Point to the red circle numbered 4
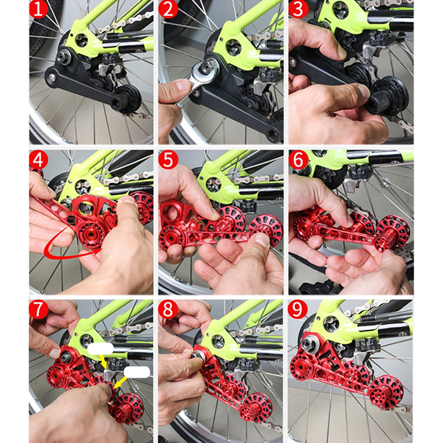38,160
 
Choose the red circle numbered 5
168,160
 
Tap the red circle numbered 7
38,309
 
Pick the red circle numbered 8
168,309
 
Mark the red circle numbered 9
298,309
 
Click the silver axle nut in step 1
62,57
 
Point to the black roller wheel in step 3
389,96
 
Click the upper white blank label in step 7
100,349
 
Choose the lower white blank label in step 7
137,372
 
